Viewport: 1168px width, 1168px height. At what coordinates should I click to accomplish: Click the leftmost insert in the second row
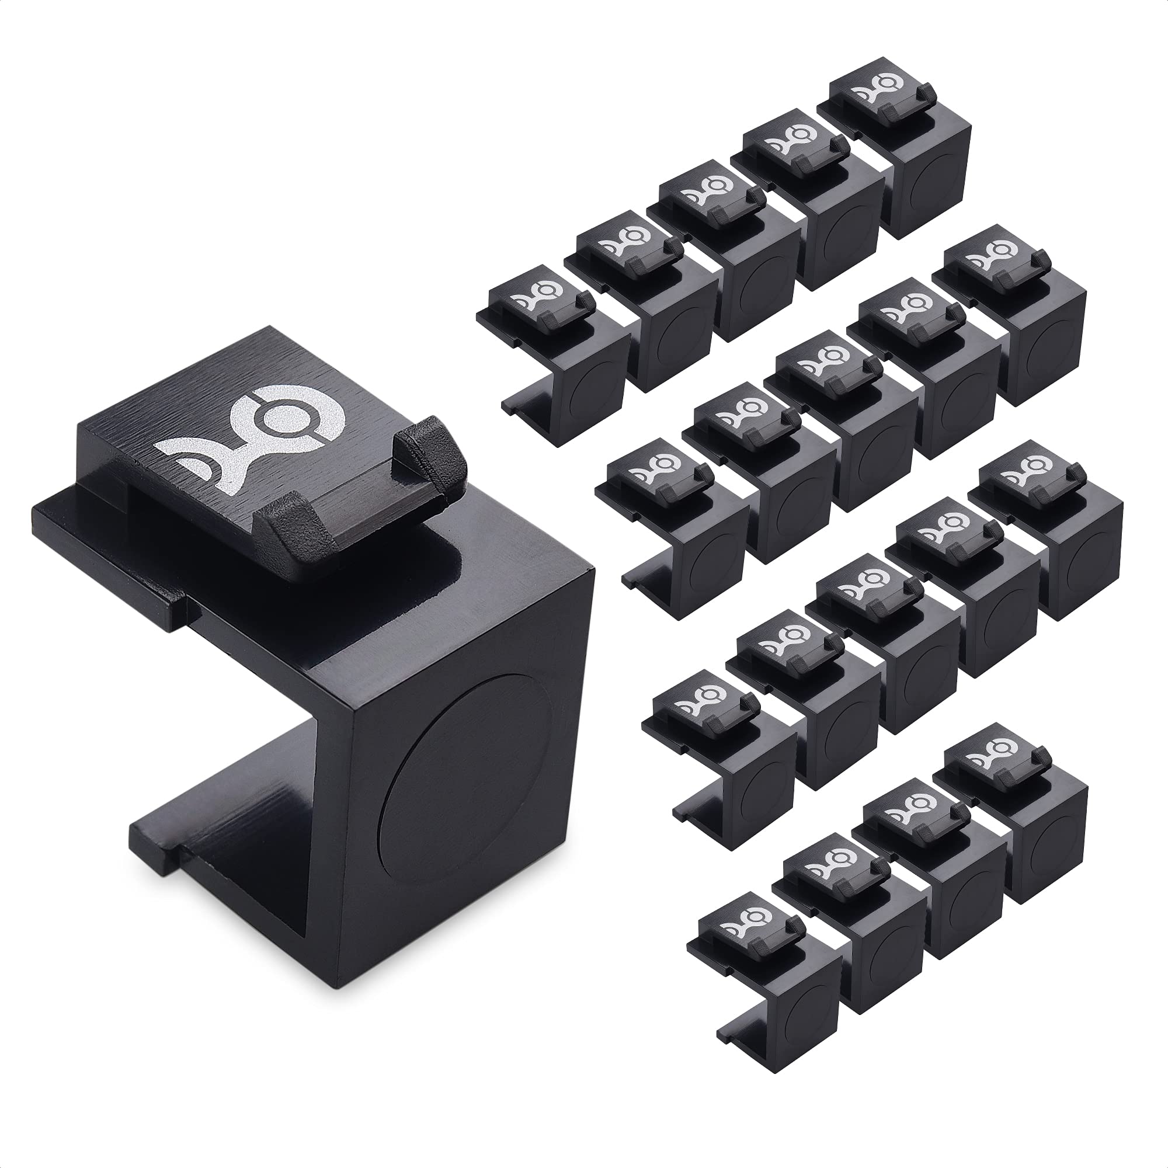(671, 520)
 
